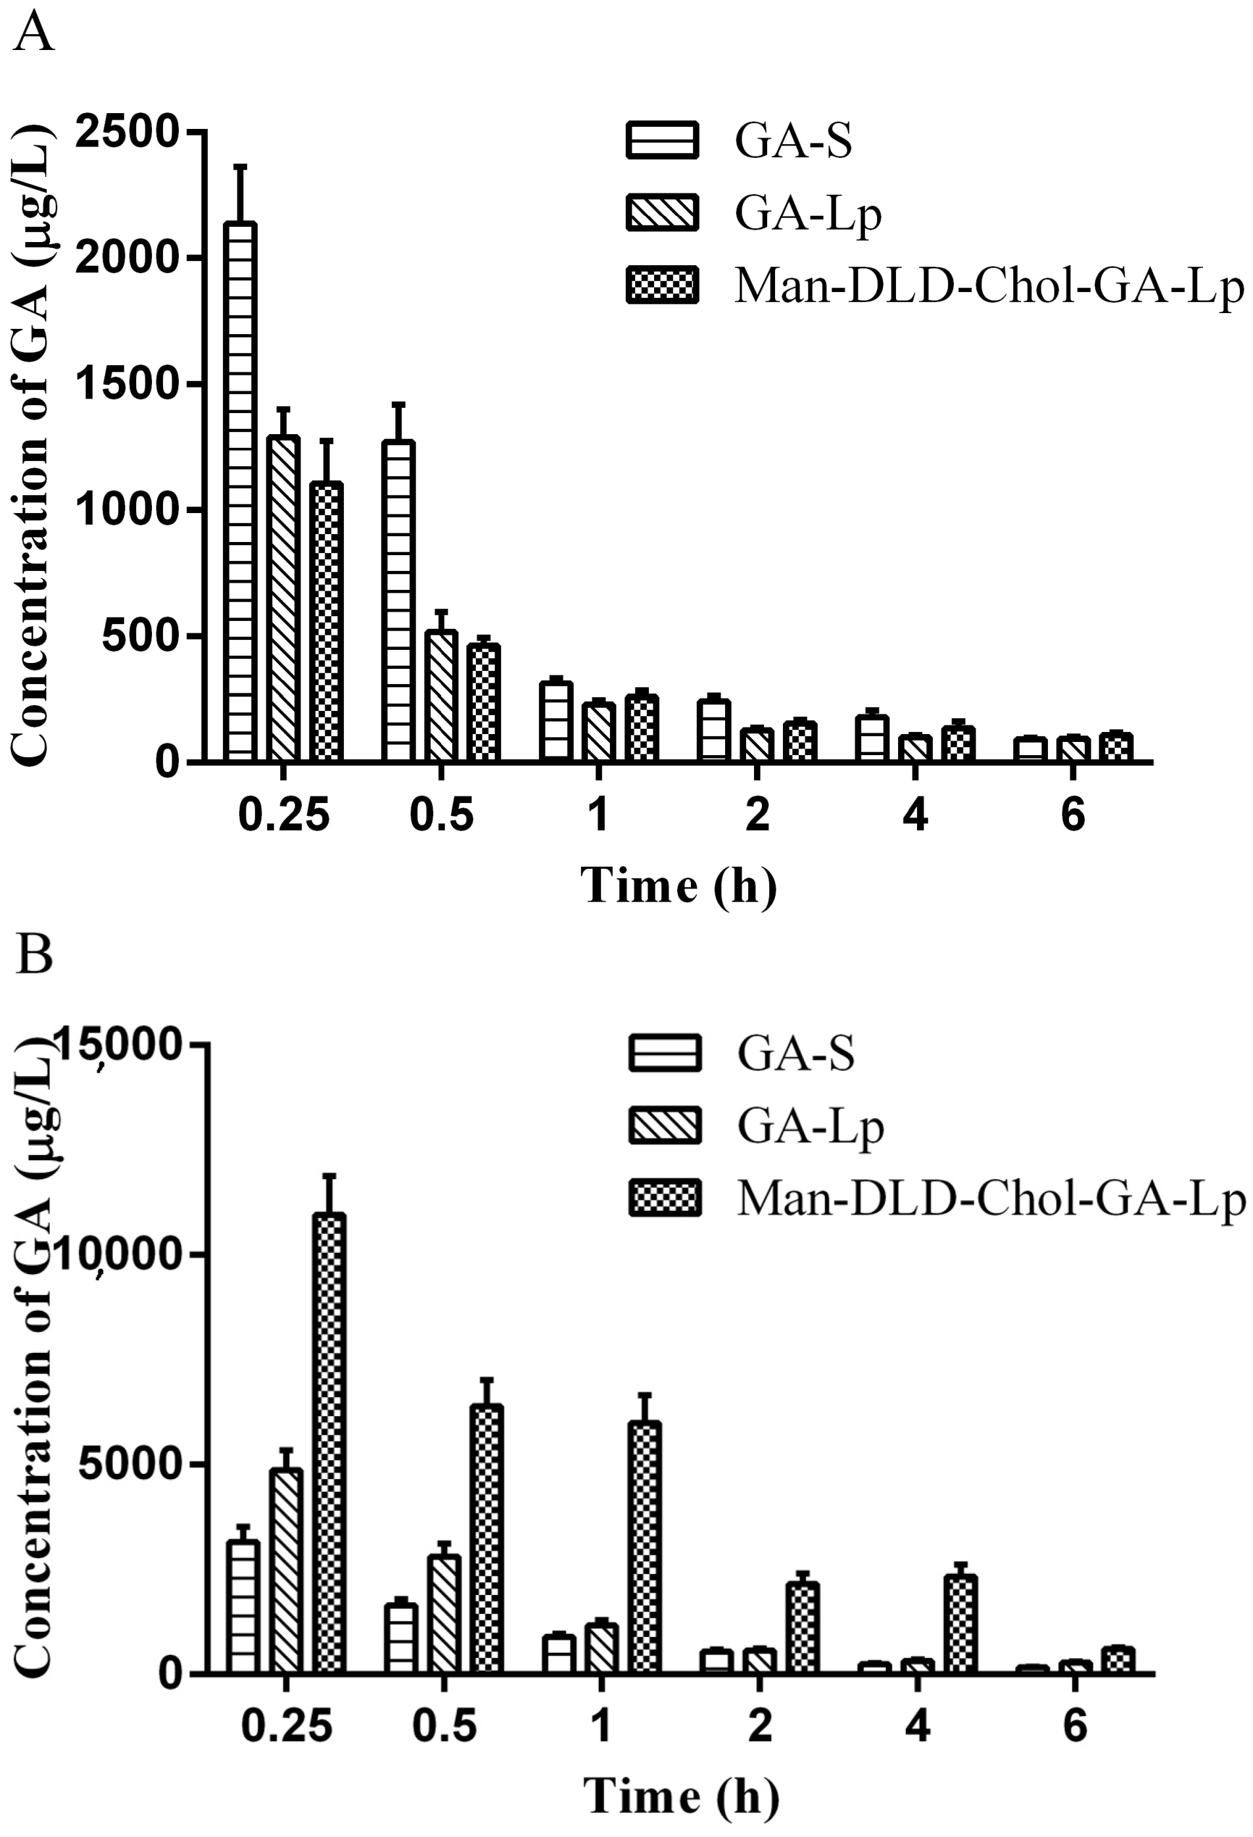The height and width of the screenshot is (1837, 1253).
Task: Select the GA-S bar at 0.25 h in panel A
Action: click(x=240, y=490)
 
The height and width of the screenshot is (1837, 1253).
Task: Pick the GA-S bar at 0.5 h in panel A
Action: click(x=398, y=600)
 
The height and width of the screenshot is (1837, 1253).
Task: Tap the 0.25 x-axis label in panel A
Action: click(x=283, y=814)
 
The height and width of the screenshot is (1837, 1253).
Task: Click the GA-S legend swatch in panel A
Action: click(x=662, y=141)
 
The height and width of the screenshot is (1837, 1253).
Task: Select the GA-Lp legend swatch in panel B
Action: click(x=665, y=1125)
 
